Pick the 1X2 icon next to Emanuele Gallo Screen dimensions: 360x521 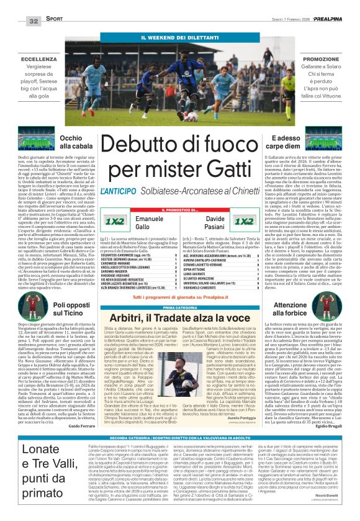(114, 220)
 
